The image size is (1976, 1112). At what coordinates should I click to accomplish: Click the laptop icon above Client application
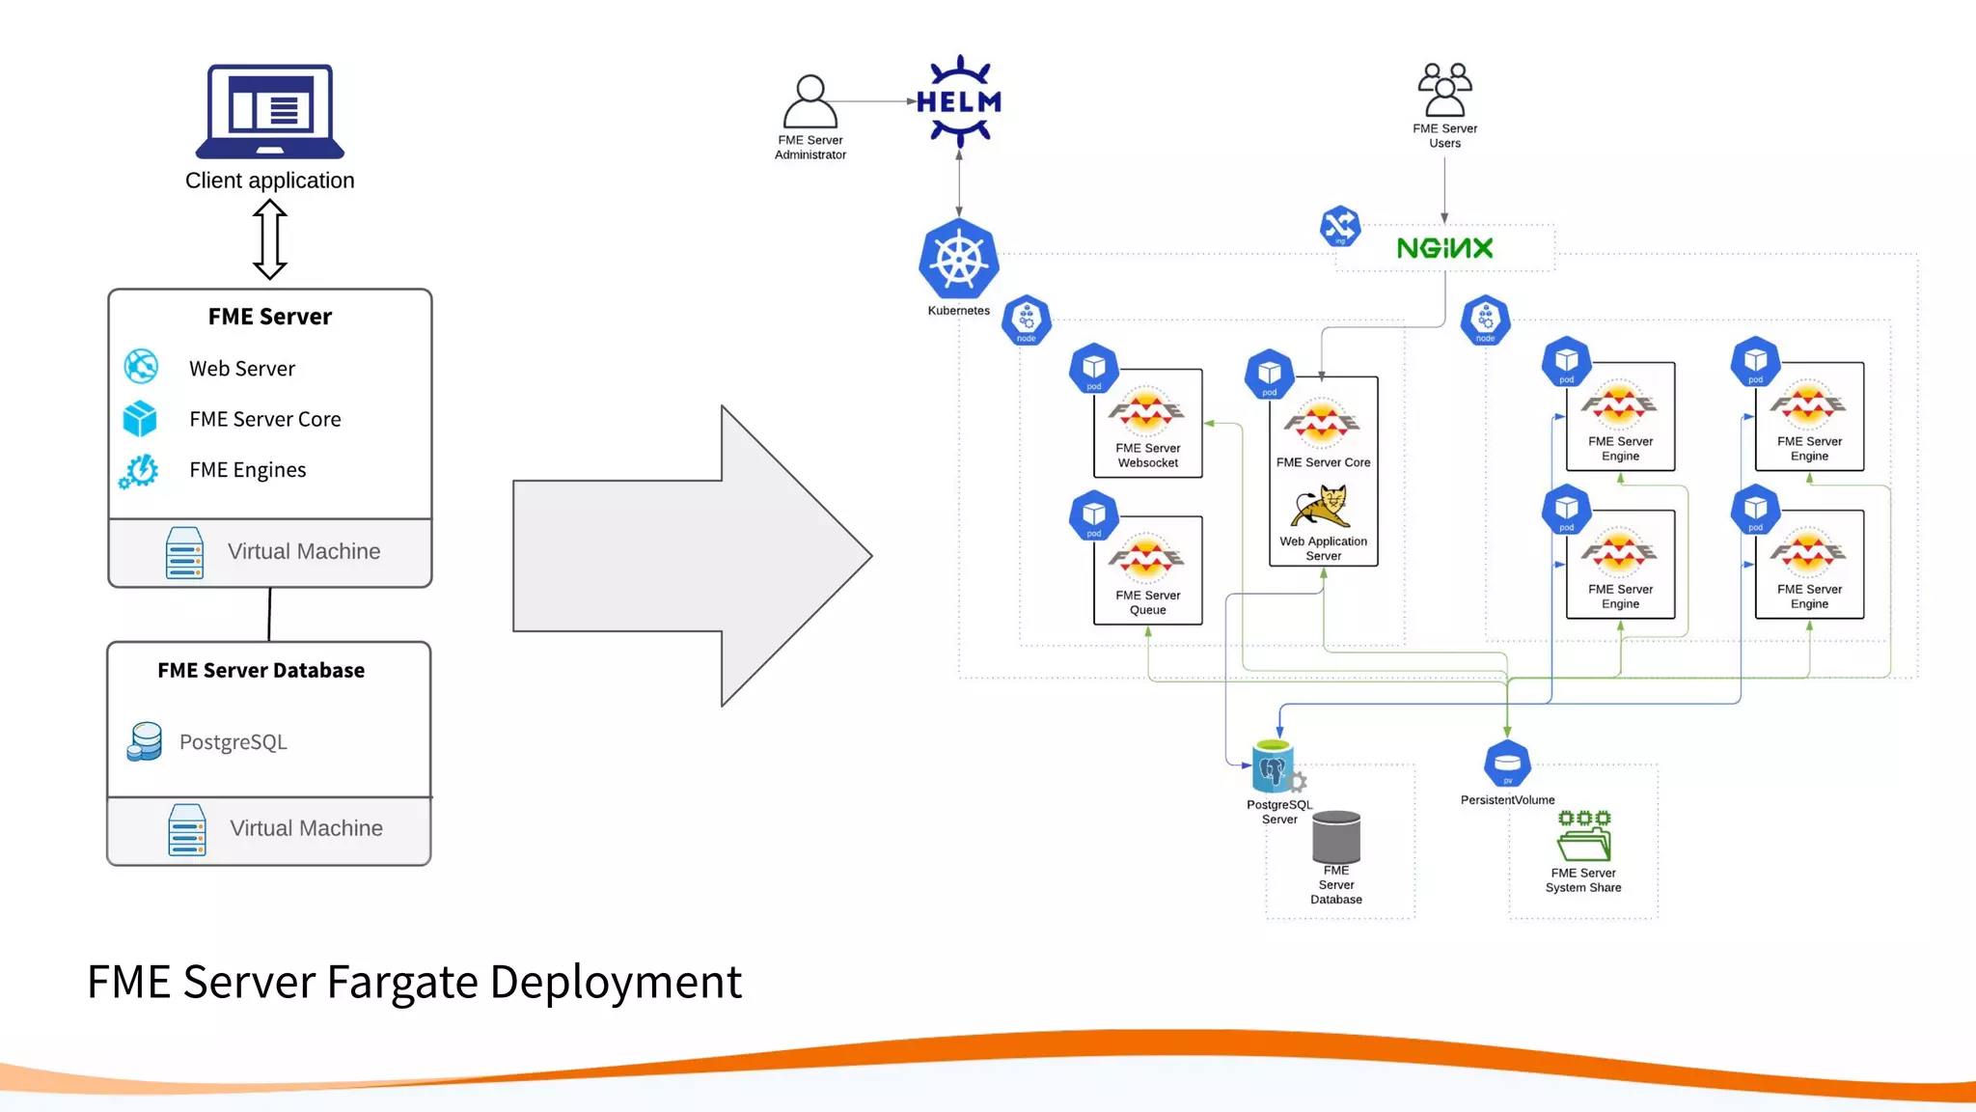pos(270,111)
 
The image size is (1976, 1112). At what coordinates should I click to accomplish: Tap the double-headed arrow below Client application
pos(270,239)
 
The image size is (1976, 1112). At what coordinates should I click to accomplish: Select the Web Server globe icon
pos(141,367)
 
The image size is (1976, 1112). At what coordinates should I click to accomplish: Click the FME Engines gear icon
pos(140,471)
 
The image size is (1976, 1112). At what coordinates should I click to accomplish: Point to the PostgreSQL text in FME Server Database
pos(233,742)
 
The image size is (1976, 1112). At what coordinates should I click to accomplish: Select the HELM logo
pos(958,101)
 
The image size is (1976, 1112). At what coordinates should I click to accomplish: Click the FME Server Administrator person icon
pos(810,100)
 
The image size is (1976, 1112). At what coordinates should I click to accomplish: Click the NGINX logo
pos(1444,248)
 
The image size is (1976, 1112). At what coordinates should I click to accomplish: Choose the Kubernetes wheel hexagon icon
pos(958,261)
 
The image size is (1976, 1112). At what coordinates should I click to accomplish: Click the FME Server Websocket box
pos(1147,424)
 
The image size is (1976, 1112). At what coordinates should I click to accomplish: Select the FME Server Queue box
pos(1147,570)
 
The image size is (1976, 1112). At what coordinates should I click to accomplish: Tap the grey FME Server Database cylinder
pos(1336,837)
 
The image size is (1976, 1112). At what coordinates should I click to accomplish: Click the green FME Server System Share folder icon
pos(1583,836)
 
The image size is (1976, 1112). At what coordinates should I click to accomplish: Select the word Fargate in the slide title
pos(402,983)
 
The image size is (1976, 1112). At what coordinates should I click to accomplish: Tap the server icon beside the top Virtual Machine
pos(184,552)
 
